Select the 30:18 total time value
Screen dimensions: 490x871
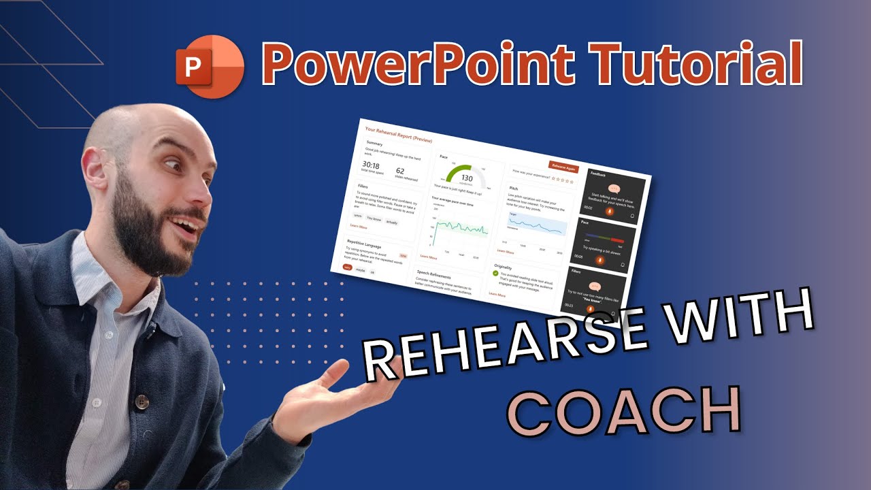coord(371,165)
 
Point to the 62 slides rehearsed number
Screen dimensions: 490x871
coord(399,171)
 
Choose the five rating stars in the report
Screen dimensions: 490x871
coord(563,180)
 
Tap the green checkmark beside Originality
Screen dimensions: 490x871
coord(495,274)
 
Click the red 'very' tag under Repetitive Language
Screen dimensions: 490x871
coord(348,267)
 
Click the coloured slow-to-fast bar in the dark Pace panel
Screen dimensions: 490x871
coord(605,238)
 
